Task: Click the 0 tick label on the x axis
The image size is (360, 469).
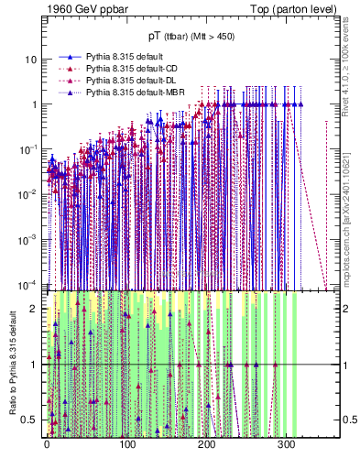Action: pos(47,445)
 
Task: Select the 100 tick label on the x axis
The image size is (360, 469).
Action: pos(126,445)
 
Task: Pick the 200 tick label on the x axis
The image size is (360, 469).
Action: pos(206,445)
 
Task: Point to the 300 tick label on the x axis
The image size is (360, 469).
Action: pos(286,445)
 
